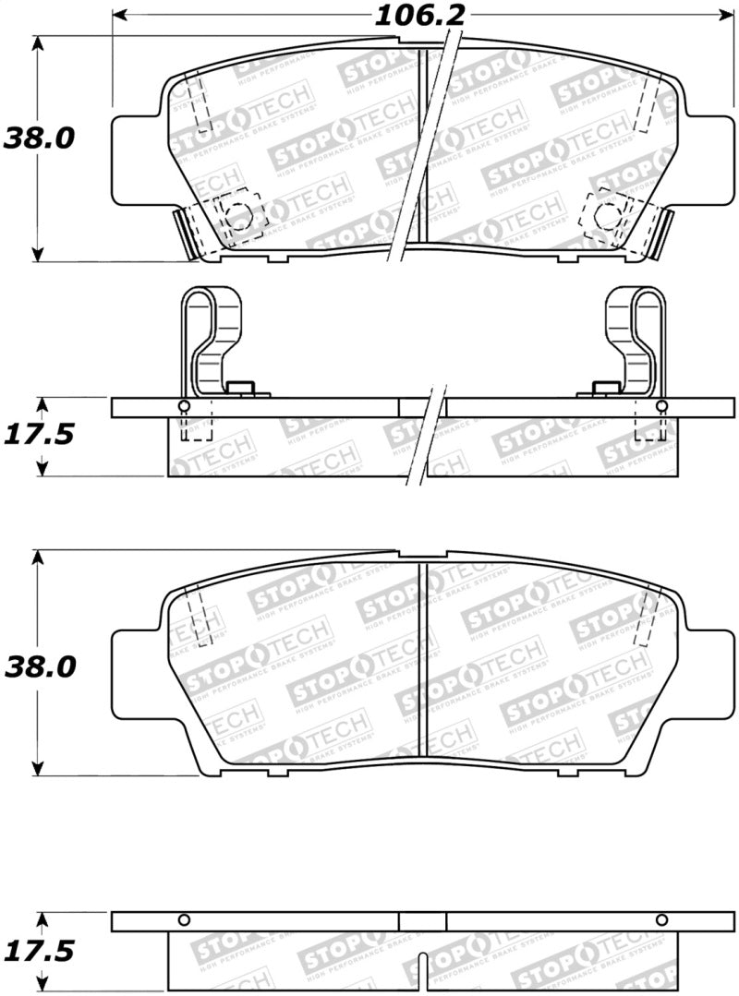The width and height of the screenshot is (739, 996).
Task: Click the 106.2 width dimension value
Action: (418, 16)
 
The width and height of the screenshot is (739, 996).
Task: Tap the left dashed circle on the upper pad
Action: (238, 215)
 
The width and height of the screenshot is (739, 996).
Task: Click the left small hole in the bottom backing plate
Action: (184, 919)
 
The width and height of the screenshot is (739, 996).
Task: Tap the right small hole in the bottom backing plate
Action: (661, 919)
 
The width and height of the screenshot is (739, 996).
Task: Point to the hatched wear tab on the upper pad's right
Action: (663, 234)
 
